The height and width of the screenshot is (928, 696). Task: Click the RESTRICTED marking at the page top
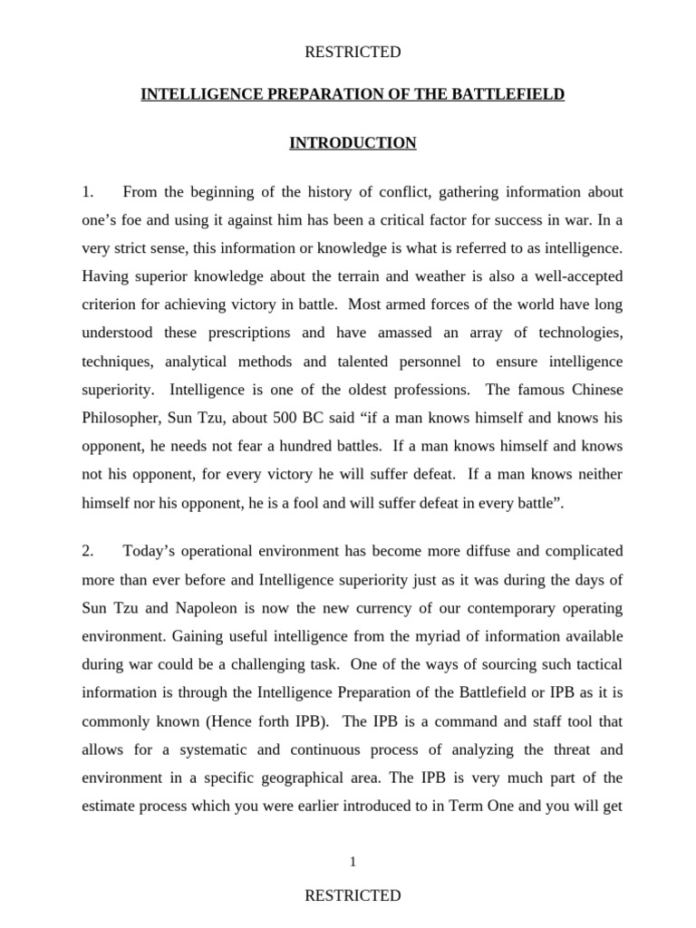pyautogui.click(x=353, y=53)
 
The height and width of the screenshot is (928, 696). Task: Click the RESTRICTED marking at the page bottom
pyautogui.click(x=353, y=895)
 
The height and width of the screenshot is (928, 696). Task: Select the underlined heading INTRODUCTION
pyautogui.click(x=353, y=143)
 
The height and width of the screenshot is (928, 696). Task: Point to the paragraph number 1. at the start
pyautogui.click(x=88, y=192)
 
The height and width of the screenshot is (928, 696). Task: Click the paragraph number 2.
pyautogui.click(x=88, y=550)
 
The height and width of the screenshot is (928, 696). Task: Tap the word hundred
pyautogui.click(x=308, y=445)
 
